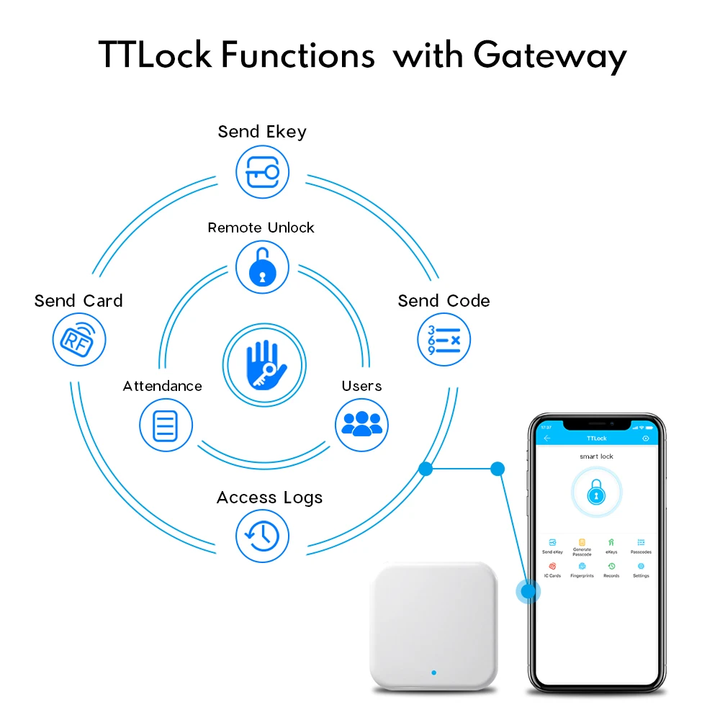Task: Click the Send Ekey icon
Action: pos(262,173)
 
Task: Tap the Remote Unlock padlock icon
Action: pos(262,267)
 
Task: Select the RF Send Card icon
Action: pos(79,339)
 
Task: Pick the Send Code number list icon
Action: pos(444,339)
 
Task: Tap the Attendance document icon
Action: pos(165,425)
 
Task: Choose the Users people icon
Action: pos(361,425)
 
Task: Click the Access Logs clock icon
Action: pos(262,536)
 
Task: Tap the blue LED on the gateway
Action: pos(433,673)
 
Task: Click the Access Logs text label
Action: pos(269,498)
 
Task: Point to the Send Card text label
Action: pos(78,301)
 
